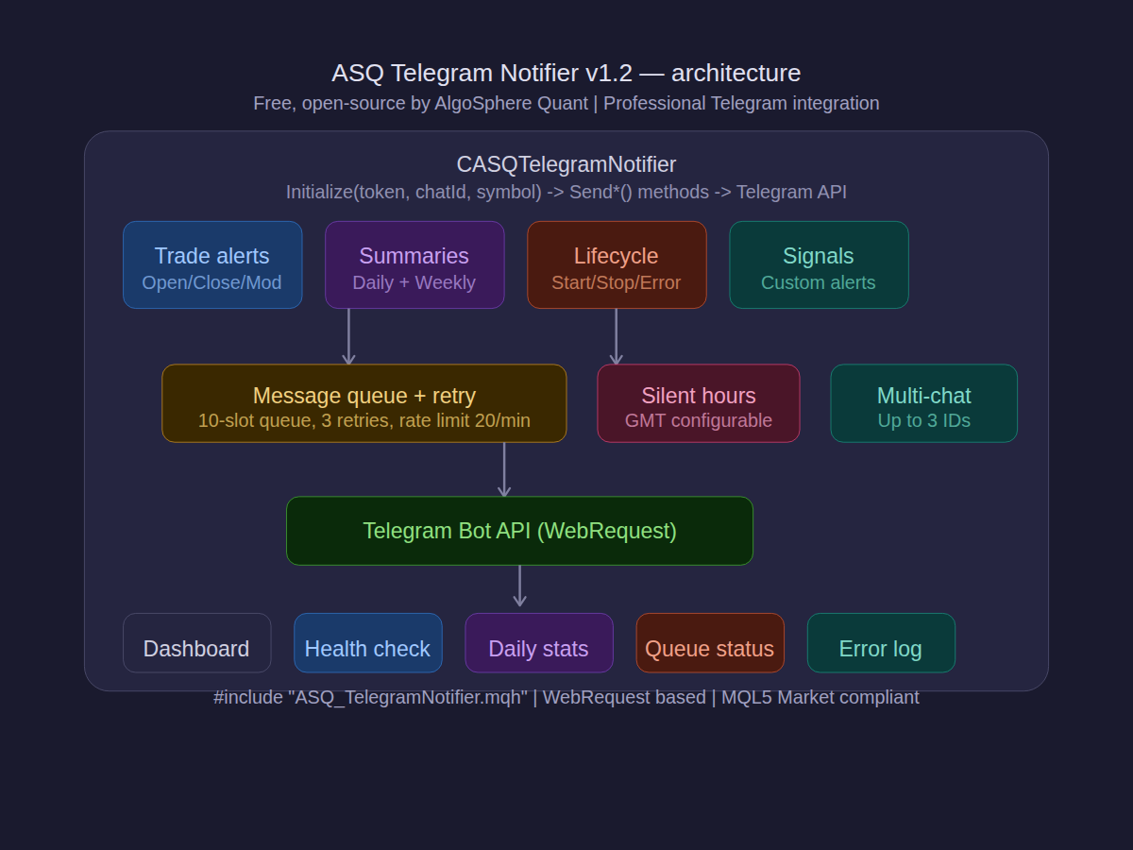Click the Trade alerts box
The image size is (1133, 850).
tap(212, 265)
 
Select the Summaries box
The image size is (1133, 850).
tap(414, 265)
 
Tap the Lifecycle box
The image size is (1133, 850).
tap(617, 265)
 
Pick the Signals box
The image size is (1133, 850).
tap(819, 265)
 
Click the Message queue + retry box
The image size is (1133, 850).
tap(364, 403)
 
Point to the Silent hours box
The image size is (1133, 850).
tap(699, 403)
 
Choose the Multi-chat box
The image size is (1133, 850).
tap(923, 403)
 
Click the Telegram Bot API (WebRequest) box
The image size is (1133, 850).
tap(519, 531)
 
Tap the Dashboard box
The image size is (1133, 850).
tap(196, 643)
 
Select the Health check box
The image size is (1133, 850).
tap(367, 643)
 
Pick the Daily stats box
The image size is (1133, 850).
tap(538, 643)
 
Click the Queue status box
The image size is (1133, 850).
tap(710, 643)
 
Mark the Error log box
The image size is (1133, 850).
tap(881, 643)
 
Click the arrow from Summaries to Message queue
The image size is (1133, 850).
tap(348, 336)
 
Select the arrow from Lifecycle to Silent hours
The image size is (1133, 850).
tap(617, 336)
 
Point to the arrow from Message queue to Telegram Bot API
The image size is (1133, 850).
tap(504, 469)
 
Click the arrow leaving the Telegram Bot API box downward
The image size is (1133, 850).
tap(519, 586)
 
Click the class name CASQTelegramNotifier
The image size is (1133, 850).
tap(566, 164)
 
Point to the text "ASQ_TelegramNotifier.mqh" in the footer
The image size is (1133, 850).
tap(408, 698)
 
